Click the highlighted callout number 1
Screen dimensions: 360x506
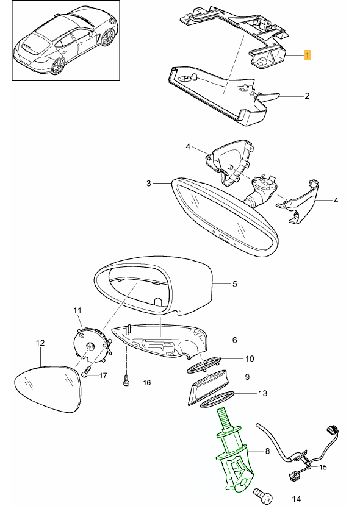[x=307, y=55]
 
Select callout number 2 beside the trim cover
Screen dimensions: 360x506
[x=307, y=96]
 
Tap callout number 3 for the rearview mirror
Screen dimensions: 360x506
[x=148, y=184]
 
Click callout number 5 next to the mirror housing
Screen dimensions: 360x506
[x=235, y=284]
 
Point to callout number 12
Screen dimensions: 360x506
[x=40, y=343]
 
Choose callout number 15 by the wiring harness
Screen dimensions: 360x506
[x=323, y=467]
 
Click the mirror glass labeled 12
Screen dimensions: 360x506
[x=47, y=388]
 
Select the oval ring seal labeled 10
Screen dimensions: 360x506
[x=204, y=365]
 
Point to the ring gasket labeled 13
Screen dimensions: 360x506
[x=217, y=399]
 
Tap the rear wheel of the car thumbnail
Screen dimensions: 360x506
[x=57, y=66]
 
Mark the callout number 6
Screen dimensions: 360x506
[x=234, y=340]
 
